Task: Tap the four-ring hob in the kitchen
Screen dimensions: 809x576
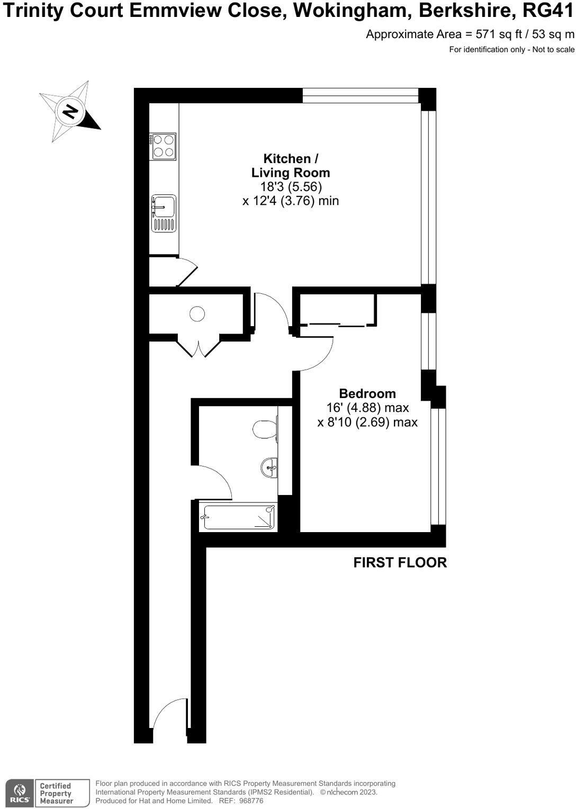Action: point(163,146)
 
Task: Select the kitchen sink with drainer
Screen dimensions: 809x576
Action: point(164,213)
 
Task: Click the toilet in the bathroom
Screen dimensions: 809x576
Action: point(265,429)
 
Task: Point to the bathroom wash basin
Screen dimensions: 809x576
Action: point(269,468)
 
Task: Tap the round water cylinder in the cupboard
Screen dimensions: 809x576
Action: point(197,314)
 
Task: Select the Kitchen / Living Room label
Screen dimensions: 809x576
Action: point(291,166)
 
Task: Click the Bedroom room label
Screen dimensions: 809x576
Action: point(367,394)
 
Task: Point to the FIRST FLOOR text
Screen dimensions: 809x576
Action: point(400,563)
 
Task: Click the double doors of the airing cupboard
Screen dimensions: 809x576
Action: point(199,347)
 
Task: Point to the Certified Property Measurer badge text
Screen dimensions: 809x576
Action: point(56,794)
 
